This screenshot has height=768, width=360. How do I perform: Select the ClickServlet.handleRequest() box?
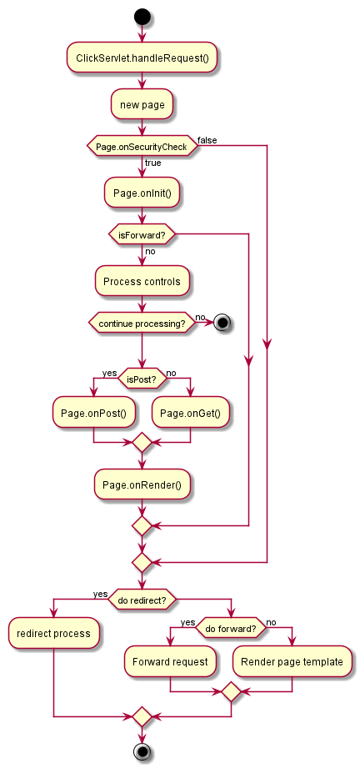click(142, 58)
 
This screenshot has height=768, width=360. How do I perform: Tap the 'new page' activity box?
click(142, 105)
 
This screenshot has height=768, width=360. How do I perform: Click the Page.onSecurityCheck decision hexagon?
click(142, 146)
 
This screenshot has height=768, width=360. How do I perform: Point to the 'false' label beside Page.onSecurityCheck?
click(207, 141)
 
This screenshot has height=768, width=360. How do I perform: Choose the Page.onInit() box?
click(142, 193)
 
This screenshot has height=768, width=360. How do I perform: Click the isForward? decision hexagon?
click(142, 234)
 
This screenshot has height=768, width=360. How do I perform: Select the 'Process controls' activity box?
click(142, 281)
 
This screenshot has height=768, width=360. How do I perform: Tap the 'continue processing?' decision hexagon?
click(142, 324)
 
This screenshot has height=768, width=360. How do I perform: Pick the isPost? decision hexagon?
click(142, 378)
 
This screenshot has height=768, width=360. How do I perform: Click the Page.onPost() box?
click(93, 413)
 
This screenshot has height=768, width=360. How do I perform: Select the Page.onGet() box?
click(191, 413)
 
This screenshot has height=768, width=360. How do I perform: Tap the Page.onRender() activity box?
click(142, 484)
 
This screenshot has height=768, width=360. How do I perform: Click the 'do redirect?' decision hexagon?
click(142, 599)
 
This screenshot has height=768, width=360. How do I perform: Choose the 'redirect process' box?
click(53, 634)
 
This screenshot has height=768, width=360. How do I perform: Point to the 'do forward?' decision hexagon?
click(231, 628)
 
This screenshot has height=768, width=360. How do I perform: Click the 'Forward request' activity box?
click(170, 662)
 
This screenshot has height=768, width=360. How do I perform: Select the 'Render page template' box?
click(292, 662)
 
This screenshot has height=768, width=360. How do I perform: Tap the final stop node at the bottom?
click(142, 751)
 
